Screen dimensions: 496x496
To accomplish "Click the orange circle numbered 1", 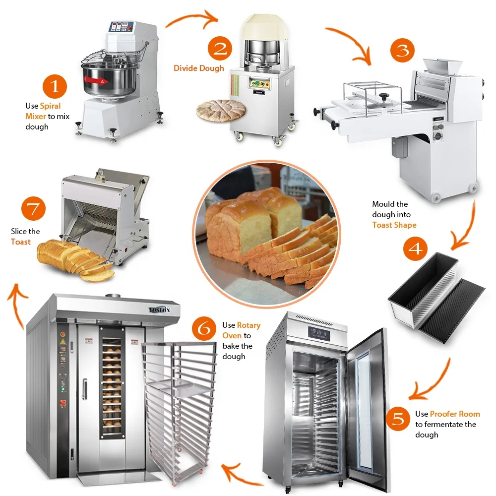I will tap(55, 87).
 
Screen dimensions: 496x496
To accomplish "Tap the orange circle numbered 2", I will tap(220, 49).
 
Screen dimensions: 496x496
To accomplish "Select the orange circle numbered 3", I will tap(402, 51).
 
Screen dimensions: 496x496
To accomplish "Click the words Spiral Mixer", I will tap(44, 111).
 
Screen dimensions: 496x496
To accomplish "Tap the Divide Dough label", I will tap(199, 68).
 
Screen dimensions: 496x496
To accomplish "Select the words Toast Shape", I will tap(394, 225).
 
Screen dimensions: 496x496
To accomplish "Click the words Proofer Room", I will tap(455, 414).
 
